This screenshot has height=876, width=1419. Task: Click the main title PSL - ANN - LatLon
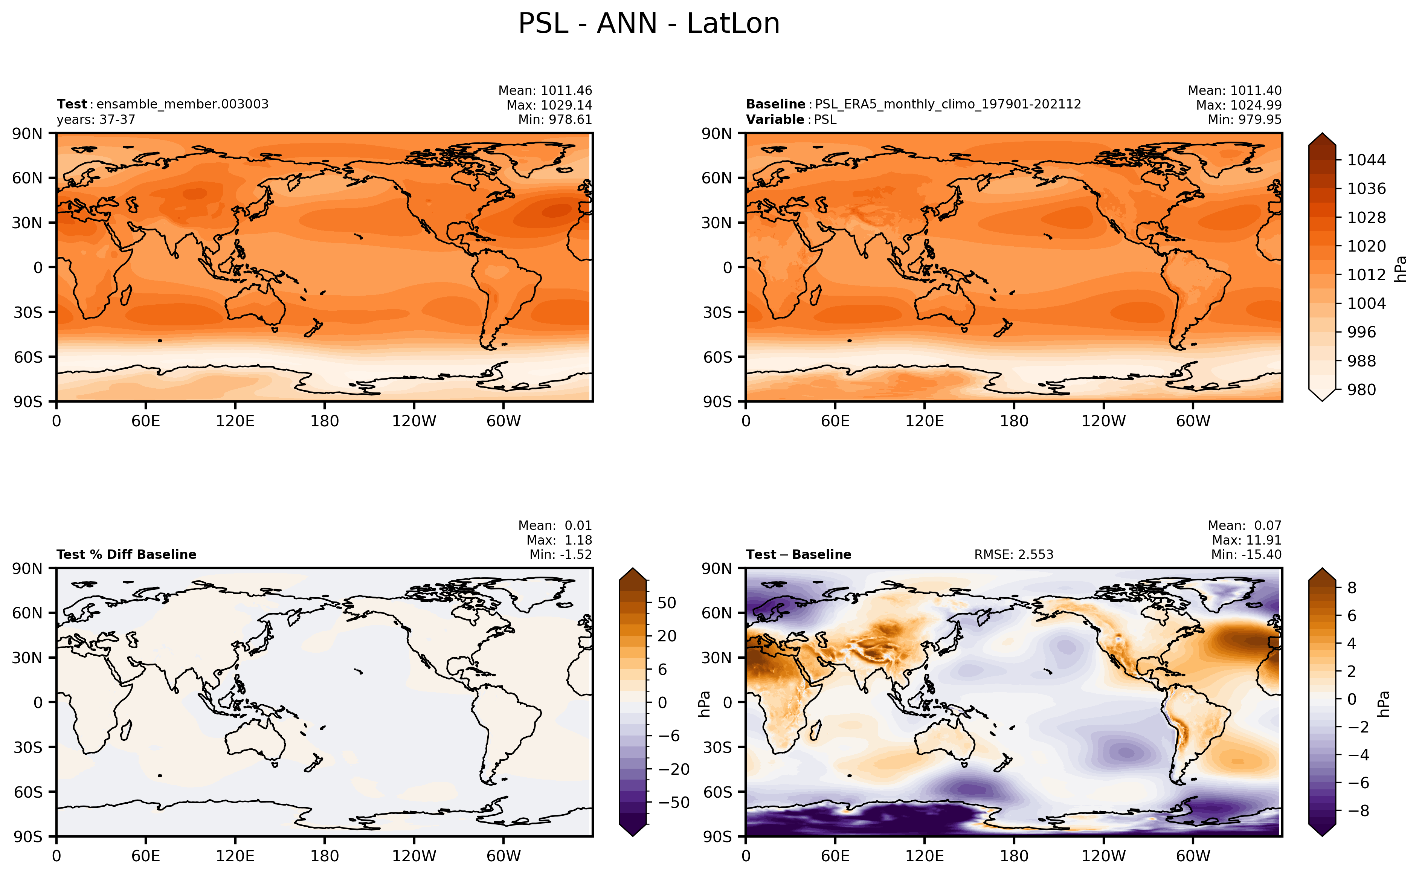[649, 24]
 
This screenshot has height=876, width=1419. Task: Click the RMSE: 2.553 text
[1013, 554]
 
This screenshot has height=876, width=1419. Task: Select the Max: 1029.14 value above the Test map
[549, 105]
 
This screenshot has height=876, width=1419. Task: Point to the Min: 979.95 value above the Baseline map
[1245, 119]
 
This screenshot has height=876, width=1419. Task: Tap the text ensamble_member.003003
[182, 104]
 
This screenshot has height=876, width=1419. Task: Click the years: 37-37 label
[96, 119]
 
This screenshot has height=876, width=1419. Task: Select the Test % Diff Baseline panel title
[126, 554]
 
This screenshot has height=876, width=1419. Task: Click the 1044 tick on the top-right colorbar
[1366, 160]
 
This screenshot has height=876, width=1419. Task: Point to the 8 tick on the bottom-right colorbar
[1352, 588]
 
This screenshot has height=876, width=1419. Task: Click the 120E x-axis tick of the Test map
[235, 421]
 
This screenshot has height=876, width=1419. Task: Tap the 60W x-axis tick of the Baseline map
[1193, 421]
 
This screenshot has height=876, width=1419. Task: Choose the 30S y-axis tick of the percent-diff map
[28, 747]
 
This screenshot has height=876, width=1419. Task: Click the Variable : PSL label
[791, 119]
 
